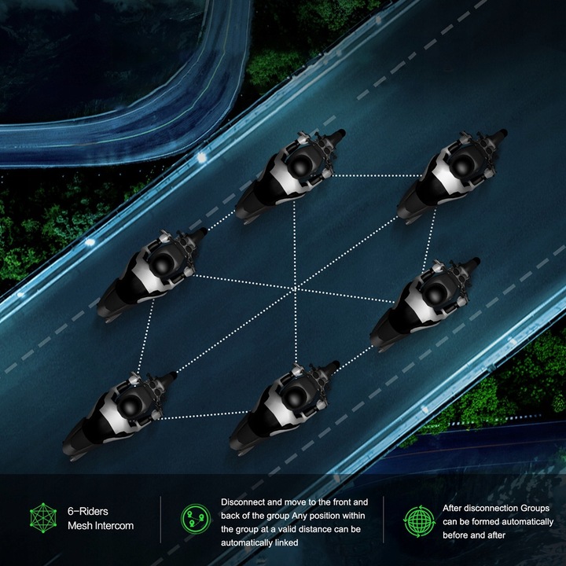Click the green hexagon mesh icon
point(43,518)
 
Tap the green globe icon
point(420,521)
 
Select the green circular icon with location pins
point(196,519)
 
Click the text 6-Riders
point(88,511)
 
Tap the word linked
point(287,542)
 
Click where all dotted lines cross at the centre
point(296,288)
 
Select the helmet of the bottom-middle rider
point(295,396)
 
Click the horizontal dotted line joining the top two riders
point(376,176)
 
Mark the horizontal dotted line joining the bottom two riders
point(204,415)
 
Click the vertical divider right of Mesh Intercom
point(160,519)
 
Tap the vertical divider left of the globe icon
point(384,519)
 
